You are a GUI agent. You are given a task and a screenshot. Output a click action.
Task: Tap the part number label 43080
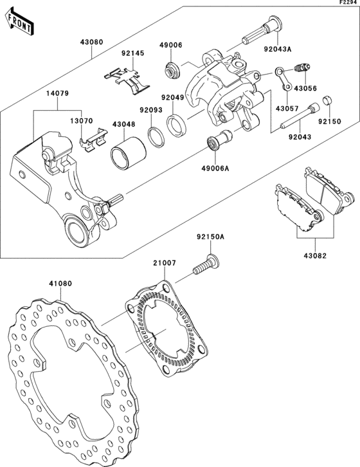point(91,42)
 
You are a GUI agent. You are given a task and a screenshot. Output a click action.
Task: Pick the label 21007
point(164,263)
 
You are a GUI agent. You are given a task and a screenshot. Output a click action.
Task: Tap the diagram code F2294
point(348,4)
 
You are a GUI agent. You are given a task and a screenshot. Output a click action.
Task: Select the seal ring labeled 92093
point(156,136)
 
